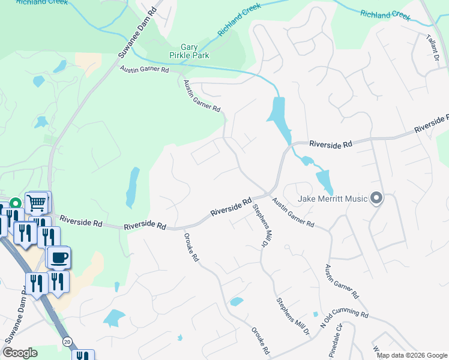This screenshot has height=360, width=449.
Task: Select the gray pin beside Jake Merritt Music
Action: tap(376, 197)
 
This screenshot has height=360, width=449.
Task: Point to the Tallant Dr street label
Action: tap(433, 48)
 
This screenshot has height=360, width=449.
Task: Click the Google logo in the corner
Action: tap(20, 353)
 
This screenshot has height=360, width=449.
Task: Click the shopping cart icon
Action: tap(37, 203)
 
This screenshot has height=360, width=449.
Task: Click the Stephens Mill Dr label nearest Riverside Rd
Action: tap(260, 226)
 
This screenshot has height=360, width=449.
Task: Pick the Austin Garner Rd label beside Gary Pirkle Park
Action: tap(144, 70)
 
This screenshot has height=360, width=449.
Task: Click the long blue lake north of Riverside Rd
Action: tap(279, 116)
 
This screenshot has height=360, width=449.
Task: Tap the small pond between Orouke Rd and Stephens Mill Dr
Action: tap(237, 301)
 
